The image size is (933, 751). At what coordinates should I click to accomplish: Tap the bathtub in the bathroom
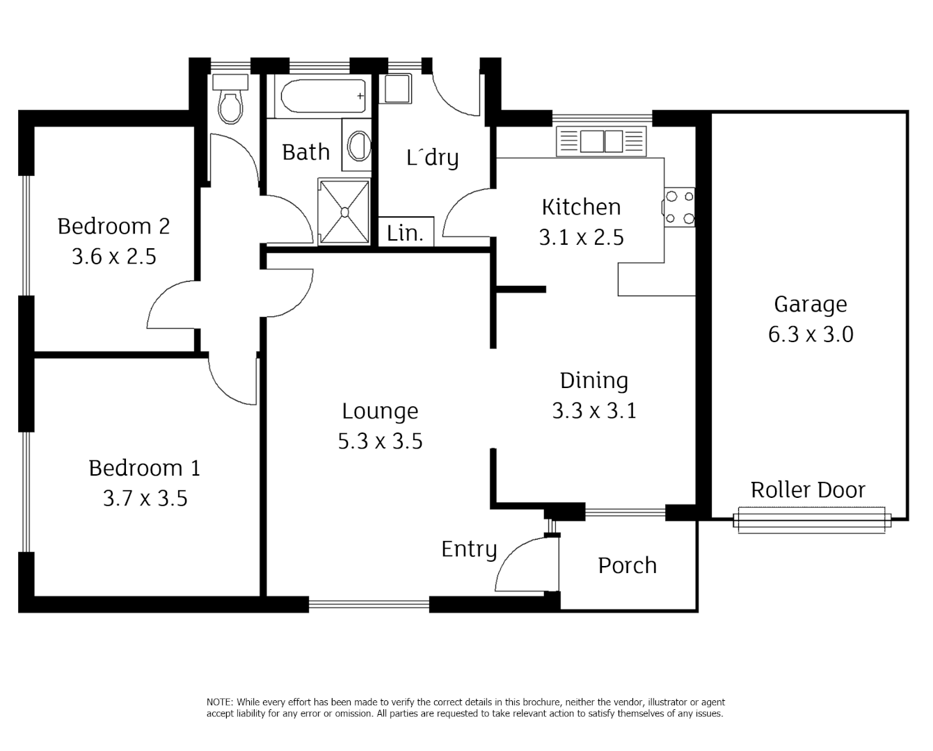coord(323,96)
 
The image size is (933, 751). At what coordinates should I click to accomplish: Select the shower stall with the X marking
coord(344,211)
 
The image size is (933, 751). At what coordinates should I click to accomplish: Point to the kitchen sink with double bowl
coord(601,141)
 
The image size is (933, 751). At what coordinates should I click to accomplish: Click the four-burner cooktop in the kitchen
coord(679,207)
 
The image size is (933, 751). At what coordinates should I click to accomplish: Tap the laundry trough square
coord(395,88)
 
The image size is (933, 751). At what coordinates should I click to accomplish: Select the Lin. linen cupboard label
coord(405,234)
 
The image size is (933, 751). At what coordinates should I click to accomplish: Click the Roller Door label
coord(808,490)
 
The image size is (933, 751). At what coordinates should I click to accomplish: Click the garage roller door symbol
coord(812,520)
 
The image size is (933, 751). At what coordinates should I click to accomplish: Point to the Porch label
coord(628,565)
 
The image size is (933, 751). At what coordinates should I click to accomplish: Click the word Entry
coord(469,550)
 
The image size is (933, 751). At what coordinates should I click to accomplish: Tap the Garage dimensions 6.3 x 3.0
coord(811,334)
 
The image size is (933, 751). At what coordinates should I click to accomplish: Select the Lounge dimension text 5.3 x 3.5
coord(380,441)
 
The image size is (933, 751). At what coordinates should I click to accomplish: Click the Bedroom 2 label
coord(113,226)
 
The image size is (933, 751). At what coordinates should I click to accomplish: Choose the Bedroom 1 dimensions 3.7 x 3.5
coord(145,499)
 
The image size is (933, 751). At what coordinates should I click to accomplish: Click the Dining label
coord(594,381)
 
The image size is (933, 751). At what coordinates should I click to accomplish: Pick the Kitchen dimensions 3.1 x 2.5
coord(582,238)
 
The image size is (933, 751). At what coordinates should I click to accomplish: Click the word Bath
coord(306,152)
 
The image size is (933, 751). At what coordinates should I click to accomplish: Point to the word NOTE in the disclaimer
coord(220,702)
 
